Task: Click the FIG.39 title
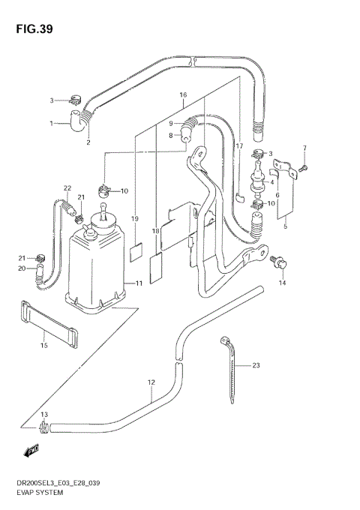pos(31,29)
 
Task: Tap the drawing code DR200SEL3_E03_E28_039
pos(63,484)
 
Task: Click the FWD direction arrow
pos(31,451)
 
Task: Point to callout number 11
pos(139,283)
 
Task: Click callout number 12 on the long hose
pos(151,382)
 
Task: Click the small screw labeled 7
pos(303,168)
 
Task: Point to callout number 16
pos(182,95)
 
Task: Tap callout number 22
pos(67,188)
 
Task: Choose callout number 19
pos(135,219)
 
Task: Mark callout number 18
pos(157,232)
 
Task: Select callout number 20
pos(22,268)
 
